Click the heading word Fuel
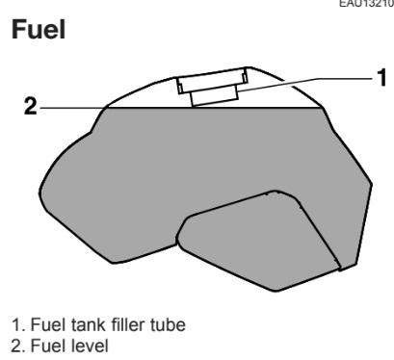39,29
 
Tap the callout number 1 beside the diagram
381,77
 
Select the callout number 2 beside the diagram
31,106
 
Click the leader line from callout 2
73,108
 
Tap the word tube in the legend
168,324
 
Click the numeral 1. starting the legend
18,324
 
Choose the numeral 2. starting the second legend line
18,346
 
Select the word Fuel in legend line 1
49,324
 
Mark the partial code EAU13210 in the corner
367,4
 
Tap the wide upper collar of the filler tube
212,80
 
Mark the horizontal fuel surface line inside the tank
215,108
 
